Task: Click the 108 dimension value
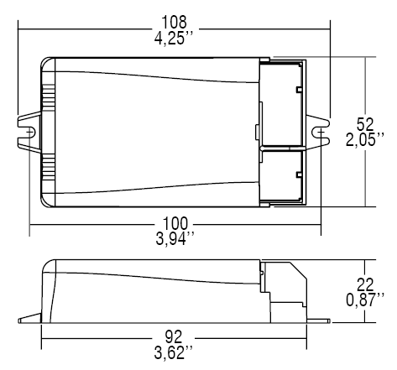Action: [x=175, y=19]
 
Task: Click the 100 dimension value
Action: [x=175, y=222]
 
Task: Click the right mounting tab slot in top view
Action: [x=321, y=132]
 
